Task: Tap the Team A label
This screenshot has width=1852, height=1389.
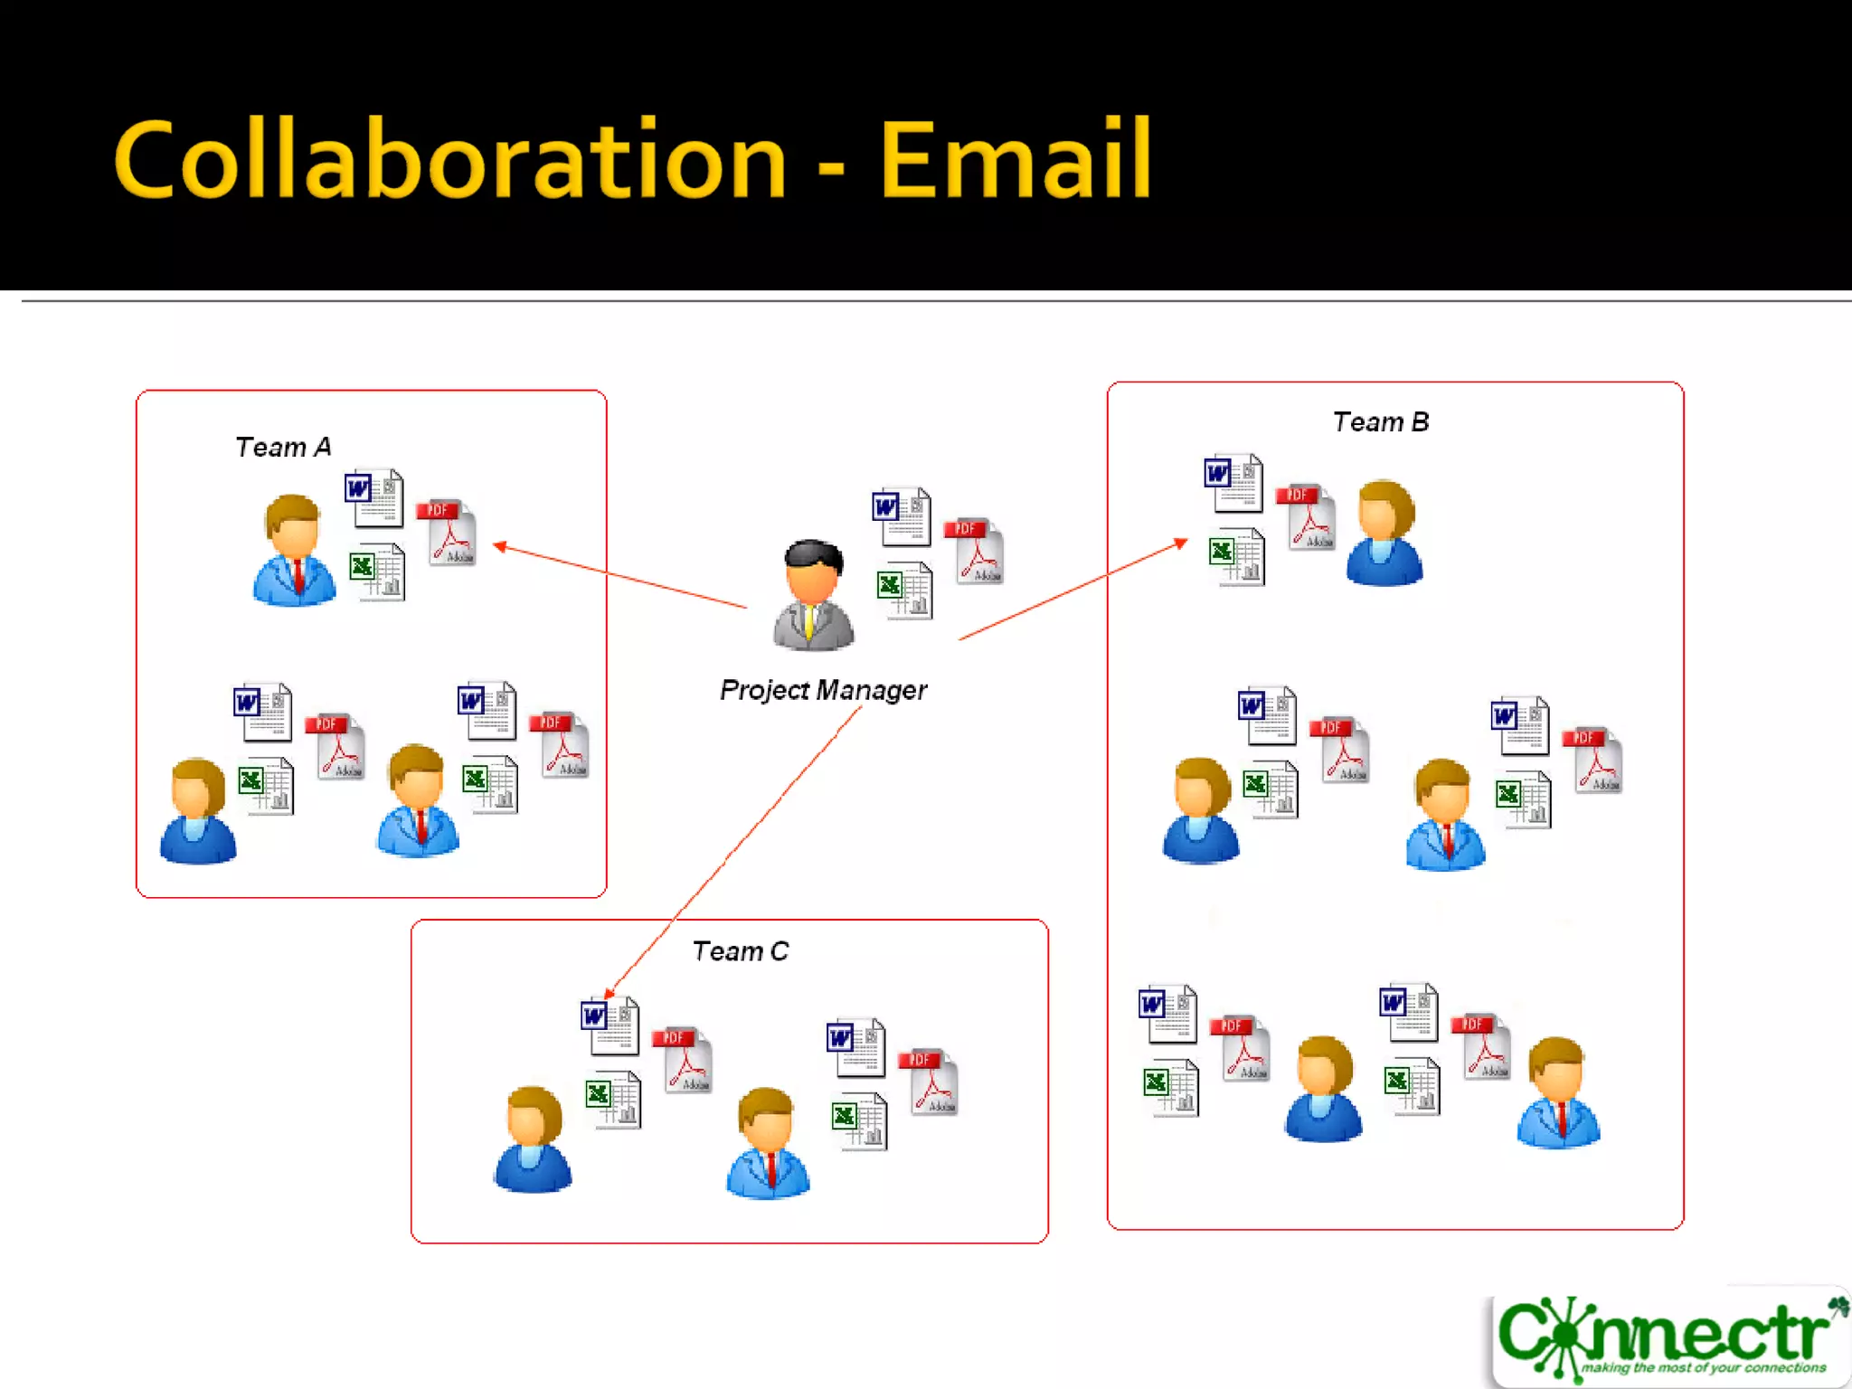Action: click(x=283, y=447)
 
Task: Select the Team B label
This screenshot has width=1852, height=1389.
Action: click(x=1380, y=422)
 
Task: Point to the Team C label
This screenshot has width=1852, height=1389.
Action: click(x=740, y=951)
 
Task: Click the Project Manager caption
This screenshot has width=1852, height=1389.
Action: click(x=823, y=690)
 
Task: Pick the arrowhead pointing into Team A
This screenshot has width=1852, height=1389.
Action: click(x=499, y=545)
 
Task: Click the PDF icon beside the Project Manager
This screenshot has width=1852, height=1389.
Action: click(x=975, y=551)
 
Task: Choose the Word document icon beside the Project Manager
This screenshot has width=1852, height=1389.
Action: click(x=901, y=516)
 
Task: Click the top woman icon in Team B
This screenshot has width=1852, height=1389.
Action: click(x=1384, y=533)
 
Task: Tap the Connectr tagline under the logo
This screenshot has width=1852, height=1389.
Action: click(x=1703, y=1368)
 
